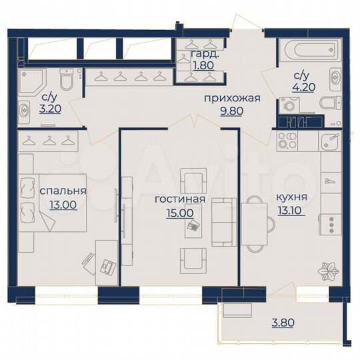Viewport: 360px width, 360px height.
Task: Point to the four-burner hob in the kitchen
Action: point(291,141)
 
